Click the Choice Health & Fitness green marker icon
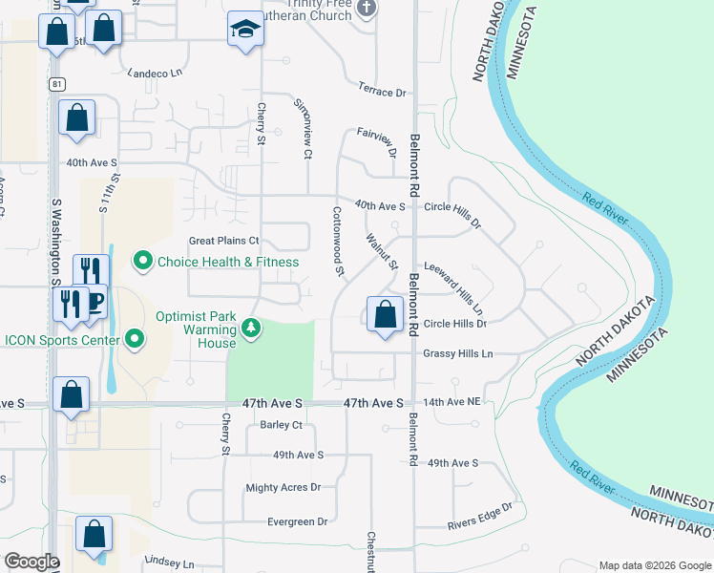tap(143, 260)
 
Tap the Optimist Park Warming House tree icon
tap(251, 329)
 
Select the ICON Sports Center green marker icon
tap(135, 339)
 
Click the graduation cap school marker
tap(245, 31)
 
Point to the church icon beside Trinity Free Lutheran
tap(367, 10)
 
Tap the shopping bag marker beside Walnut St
tap(384, 314)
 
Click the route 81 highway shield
tap(58, 85)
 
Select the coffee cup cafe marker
tap(94, 302)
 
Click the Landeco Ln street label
tap(155, 73)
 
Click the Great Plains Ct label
tap(224, 242)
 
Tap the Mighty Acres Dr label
tap(283, 487)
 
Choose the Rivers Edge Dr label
tap(480, 516)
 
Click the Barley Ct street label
tap(281, 426)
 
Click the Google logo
tap(31, 561)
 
